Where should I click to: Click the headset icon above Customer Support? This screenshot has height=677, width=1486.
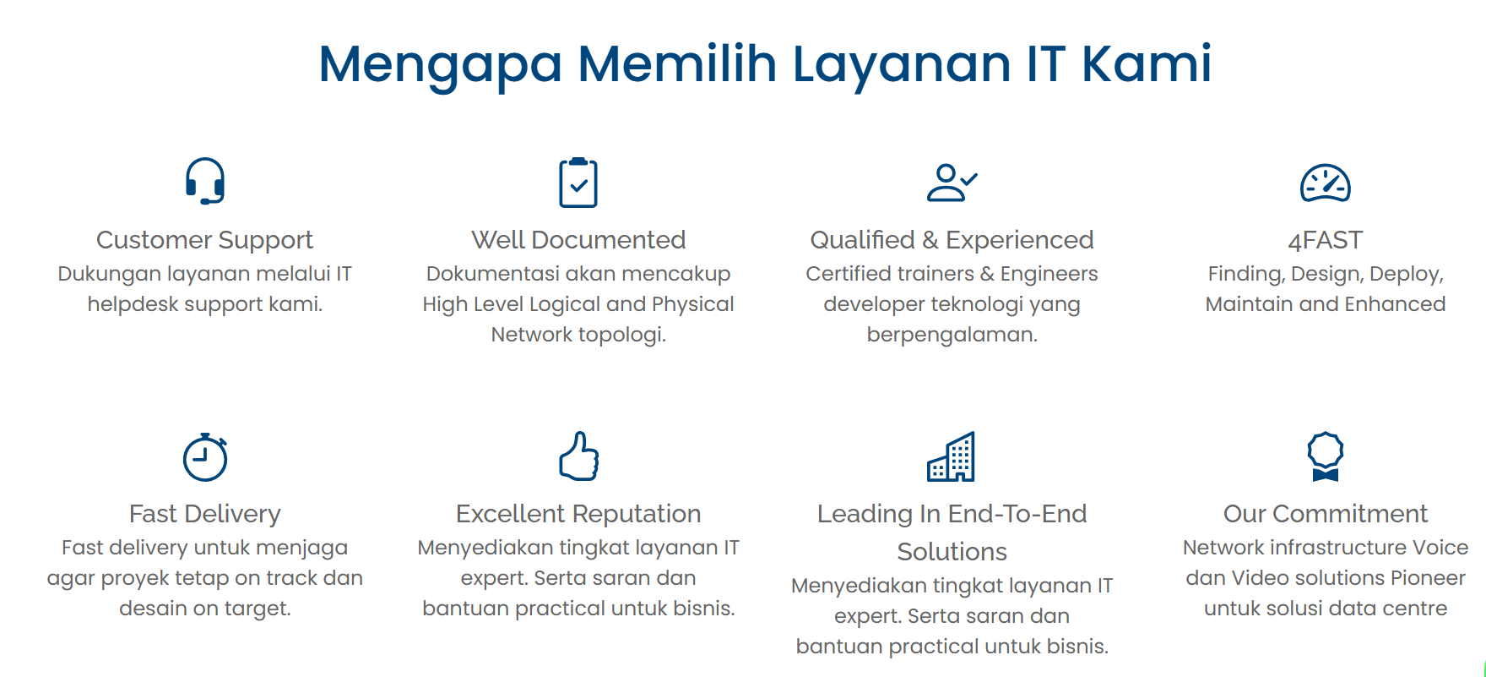click(x=205, y=181)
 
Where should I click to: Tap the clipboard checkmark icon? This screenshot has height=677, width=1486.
click(x=578, y=183)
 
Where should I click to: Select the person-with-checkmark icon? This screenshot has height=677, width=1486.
click(x=952, y=183)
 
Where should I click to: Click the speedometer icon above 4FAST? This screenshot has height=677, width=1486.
click(x=1326, y=183)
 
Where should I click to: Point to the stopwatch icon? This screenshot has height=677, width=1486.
click(x=205, y=457)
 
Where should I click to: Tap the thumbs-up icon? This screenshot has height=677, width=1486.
click(x=579, y=456)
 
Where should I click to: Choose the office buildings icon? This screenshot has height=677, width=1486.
click(x=952, y=456)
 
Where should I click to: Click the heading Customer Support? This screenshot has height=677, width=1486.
click(x=204, y=241)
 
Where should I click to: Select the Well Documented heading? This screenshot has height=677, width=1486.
click(x=578, y=240)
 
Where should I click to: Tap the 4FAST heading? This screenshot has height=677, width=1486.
click(x=1326, y=241)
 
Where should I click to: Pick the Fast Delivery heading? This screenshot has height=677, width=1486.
click(x=205, y=515)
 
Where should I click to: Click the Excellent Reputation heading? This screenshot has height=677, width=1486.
click(x=578, y=514)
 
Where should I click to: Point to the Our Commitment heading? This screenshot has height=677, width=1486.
click(x=1326, y=514)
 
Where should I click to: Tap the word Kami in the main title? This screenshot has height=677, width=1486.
click(x=1147, y=63)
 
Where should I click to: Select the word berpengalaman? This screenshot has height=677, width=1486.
click(x=952, y=336)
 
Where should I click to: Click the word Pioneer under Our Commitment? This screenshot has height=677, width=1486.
click(x=1428, y=578)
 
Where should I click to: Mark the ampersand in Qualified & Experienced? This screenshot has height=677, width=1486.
click(x=930, y=240)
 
